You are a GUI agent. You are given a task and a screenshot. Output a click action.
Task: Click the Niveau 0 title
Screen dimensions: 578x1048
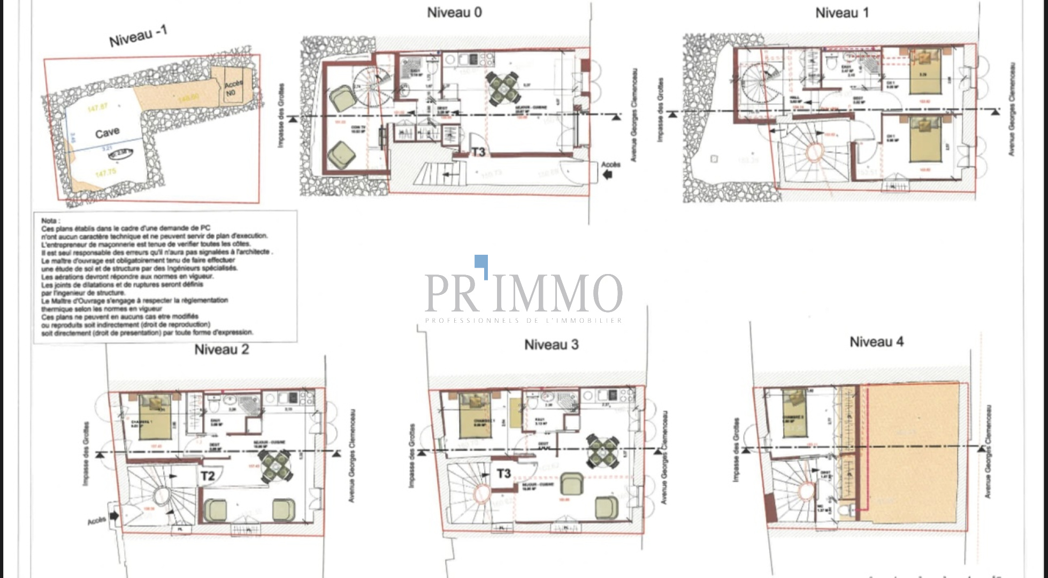tap(454, 13)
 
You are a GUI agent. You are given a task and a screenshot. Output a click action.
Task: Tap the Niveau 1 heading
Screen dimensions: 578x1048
tap(842, 13)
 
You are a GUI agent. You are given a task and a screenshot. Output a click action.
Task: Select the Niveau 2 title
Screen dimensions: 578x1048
tap(221, 350)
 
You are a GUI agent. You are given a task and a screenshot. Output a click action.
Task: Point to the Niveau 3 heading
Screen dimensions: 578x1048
tap(551, 345)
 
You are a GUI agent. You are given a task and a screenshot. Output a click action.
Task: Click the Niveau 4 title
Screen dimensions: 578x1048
tap(876, 342)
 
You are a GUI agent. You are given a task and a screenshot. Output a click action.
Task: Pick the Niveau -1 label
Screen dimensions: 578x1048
tap(138, 36)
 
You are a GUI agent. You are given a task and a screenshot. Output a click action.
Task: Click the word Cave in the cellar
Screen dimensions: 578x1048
tap(107, 133)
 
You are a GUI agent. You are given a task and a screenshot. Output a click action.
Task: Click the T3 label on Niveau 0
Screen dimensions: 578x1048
tap(478, 152)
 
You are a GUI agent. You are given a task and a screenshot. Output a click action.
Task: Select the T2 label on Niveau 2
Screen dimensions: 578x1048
tap(208, 475)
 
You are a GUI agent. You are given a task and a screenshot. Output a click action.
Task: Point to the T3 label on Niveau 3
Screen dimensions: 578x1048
tap(503, 474)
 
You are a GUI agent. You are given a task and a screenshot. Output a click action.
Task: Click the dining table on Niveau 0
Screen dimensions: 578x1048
tap(503, 87)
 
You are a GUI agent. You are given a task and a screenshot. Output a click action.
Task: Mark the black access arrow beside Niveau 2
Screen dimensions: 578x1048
tap(113, 516)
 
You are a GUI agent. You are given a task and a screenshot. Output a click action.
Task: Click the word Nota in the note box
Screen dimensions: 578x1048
tap(50, 220)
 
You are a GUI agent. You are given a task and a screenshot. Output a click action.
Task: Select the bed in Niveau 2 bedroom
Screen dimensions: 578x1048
tap(155, 416)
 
